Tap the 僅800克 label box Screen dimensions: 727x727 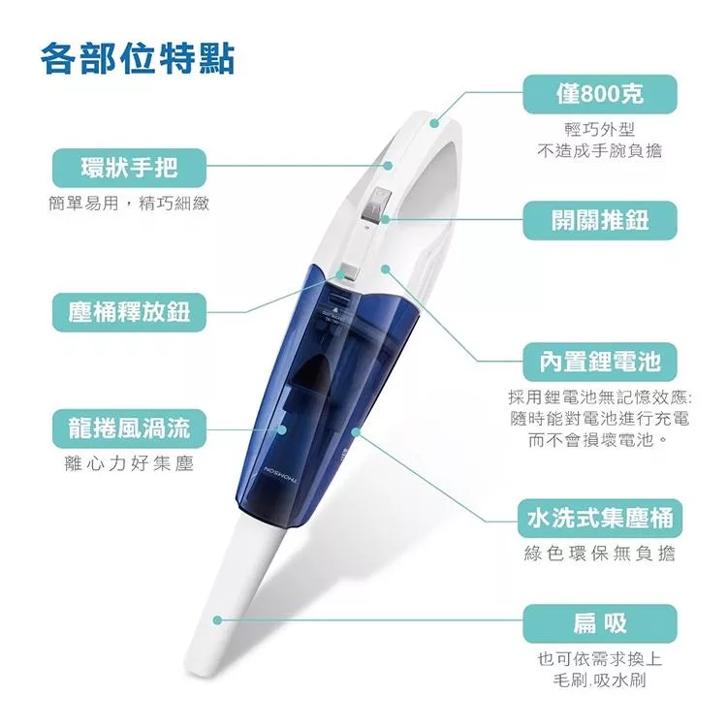click(x=600, y=94)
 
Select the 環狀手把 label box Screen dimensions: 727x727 click(x=129, y=169)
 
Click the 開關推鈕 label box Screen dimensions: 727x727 click(x=600, y=220)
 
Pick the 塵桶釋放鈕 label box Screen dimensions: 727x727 click(x=129, y=311)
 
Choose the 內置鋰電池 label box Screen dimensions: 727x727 click(x=600, y=362)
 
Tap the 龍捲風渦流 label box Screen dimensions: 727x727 click(x=129, y=427)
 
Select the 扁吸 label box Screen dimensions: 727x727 click(x=600, y=621)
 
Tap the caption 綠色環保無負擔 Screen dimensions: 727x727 click(x=600, y=553)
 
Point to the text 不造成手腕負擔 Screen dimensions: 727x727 click(x=600, y=150)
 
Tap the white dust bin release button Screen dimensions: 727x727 click(x=347, y=272)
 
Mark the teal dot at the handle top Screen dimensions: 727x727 click(x=435, y=123)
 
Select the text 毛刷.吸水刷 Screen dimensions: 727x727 click(x=600, y=680)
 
